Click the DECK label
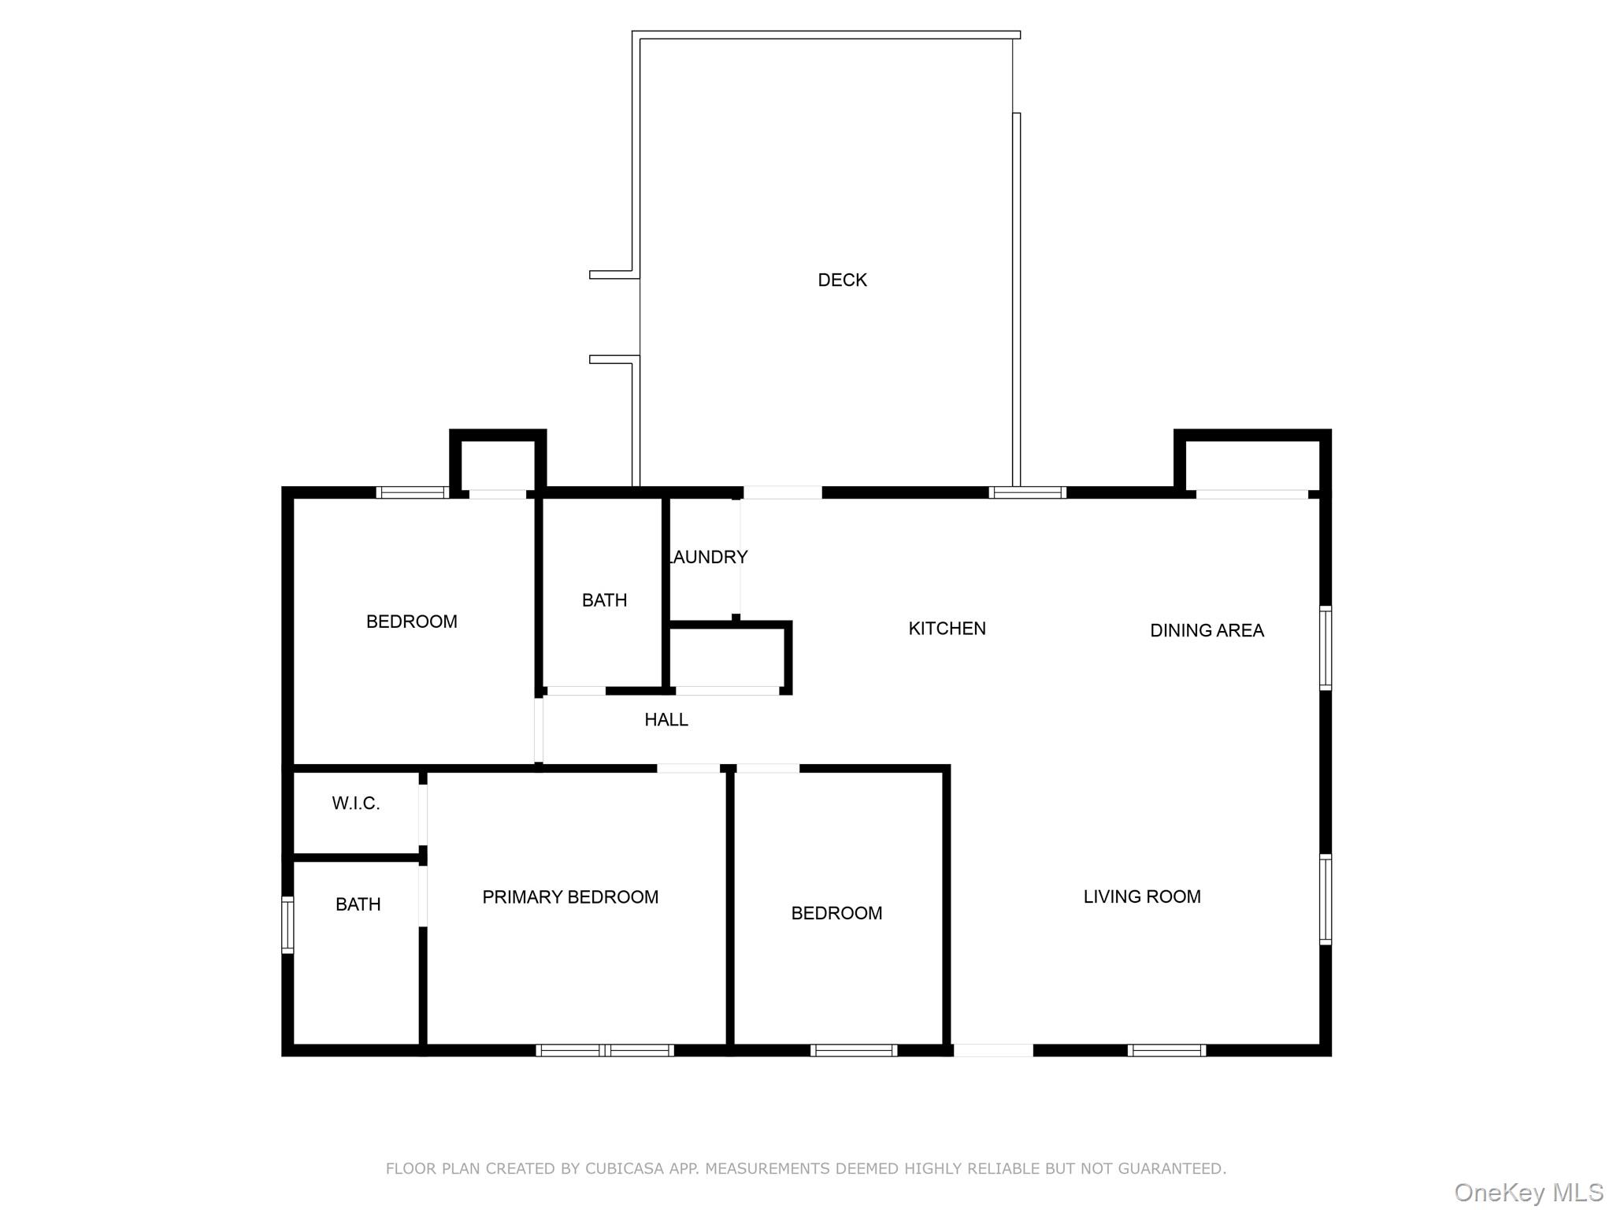click(x=842, y=280)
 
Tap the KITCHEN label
click(x=947, y=628)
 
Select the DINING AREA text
click(x=1207, y=630)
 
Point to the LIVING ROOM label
click(x=1141, y=896)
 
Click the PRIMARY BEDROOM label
click(x=570, y=896)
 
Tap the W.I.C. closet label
click(x=356, y=804)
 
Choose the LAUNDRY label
click(x=707, y=557)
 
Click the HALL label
click(x=666, y=719)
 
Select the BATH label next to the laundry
click(x=604, y=600)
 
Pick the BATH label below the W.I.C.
click(x=358, y=904)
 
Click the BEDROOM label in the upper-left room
click(x=411, y=622)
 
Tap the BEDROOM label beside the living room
click(x=836, y=913)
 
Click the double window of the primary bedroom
click(x=605, y=1050)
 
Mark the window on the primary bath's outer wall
click(x=288, y=925)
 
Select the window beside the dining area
click(x=1326, y=648)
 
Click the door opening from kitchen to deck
click(x=782, y=493)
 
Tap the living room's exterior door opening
click(x=993, y=1050)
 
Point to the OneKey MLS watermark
click(x=1528, y=1193)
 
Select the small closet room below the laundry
click(x=726, y=659)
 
